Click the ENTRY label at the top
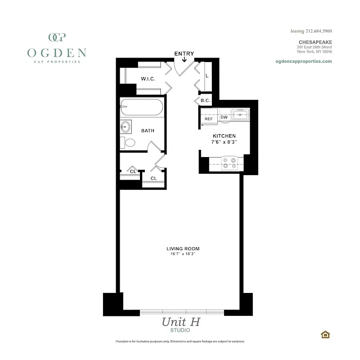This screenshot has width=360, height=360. [x=184, y=54]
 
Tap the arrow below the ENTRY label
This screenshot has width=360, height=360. [x=184, y=60]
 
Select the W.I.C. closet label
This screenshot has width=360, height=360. [x=148, y=79]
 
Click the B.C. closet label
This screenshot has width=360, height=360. [x=205, y=100]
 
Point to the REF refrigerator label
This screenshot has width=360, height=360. [x=208, y=118]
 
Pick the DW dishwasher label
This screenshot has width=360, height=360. [x=224, y=118]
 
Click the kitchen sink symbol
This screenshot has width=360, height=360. [x=240, y=115]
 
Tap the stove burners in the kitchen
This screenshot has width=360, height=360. [x=230, y=162]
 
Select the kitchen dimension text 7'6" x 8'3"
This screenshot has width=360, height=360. [x=224, y=142]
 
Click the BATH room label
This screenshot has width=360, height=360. [x=148, y=131]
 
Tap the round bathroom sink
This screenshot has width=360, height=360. [x=126, y=127]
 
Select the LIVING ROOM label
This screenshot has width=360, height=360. [x=183, y=248]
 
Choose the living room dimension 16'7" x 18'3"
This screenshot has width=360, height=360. [x=183, y=254]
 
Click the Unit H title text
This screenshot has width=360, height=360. [x=180, y=322]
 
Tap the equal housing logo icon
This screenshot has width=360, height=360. [x=324, y=334]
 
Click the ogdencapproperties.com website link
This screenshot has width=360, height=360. [x=303, y=61]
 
